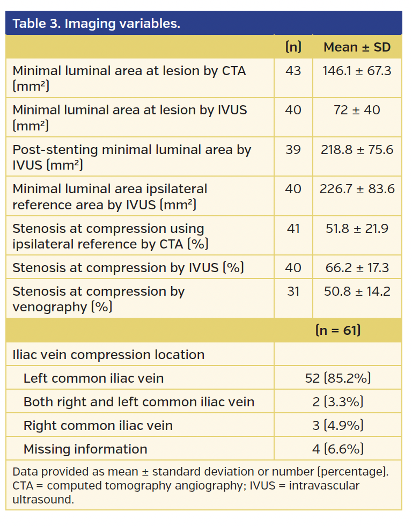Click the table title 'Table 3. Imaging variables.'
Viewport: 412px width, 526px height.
coord(97,24)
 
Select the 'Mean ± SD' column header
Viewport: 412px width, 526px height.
coord(357,47)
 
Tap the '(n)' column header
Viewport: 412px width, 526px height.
coord(293,47)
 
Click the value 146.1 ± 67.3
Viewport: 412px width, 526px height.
coord(357,71)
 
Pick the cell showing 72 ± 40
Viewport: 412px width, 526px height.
coord(357,110)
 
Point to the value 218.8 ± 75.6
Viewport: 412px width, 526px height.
coord(357,150)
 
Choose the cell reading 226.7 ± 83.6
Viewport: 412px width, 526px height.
coord(357,189)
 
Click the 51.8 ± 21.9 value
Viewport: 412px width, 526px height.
coord(357,229)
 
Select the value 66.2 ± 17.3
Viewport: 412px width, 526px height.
coord(357,268)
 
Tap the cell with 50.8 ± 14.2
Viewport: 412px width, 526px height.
coord(357,291)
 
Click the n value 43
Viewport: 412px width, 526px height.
coord(293,71)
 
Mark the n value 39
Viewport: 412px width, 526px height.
coord(293,150)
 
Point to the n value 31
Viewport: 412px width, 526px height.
coord(293,291)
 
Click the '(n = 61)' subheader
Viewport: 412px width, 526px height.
coord(338,330)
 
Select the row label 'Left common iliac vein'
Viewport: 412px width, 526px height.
coord(93,378)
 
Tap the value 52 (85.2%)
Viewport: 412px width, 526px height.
coord(338,378)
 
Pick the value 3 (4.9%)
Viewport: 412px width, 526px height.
coord(338,426)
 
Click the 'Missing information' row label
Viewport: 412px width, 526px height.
coord(85,449)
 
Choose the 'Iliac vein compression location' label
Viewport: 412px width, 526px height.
coord(108,355)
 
